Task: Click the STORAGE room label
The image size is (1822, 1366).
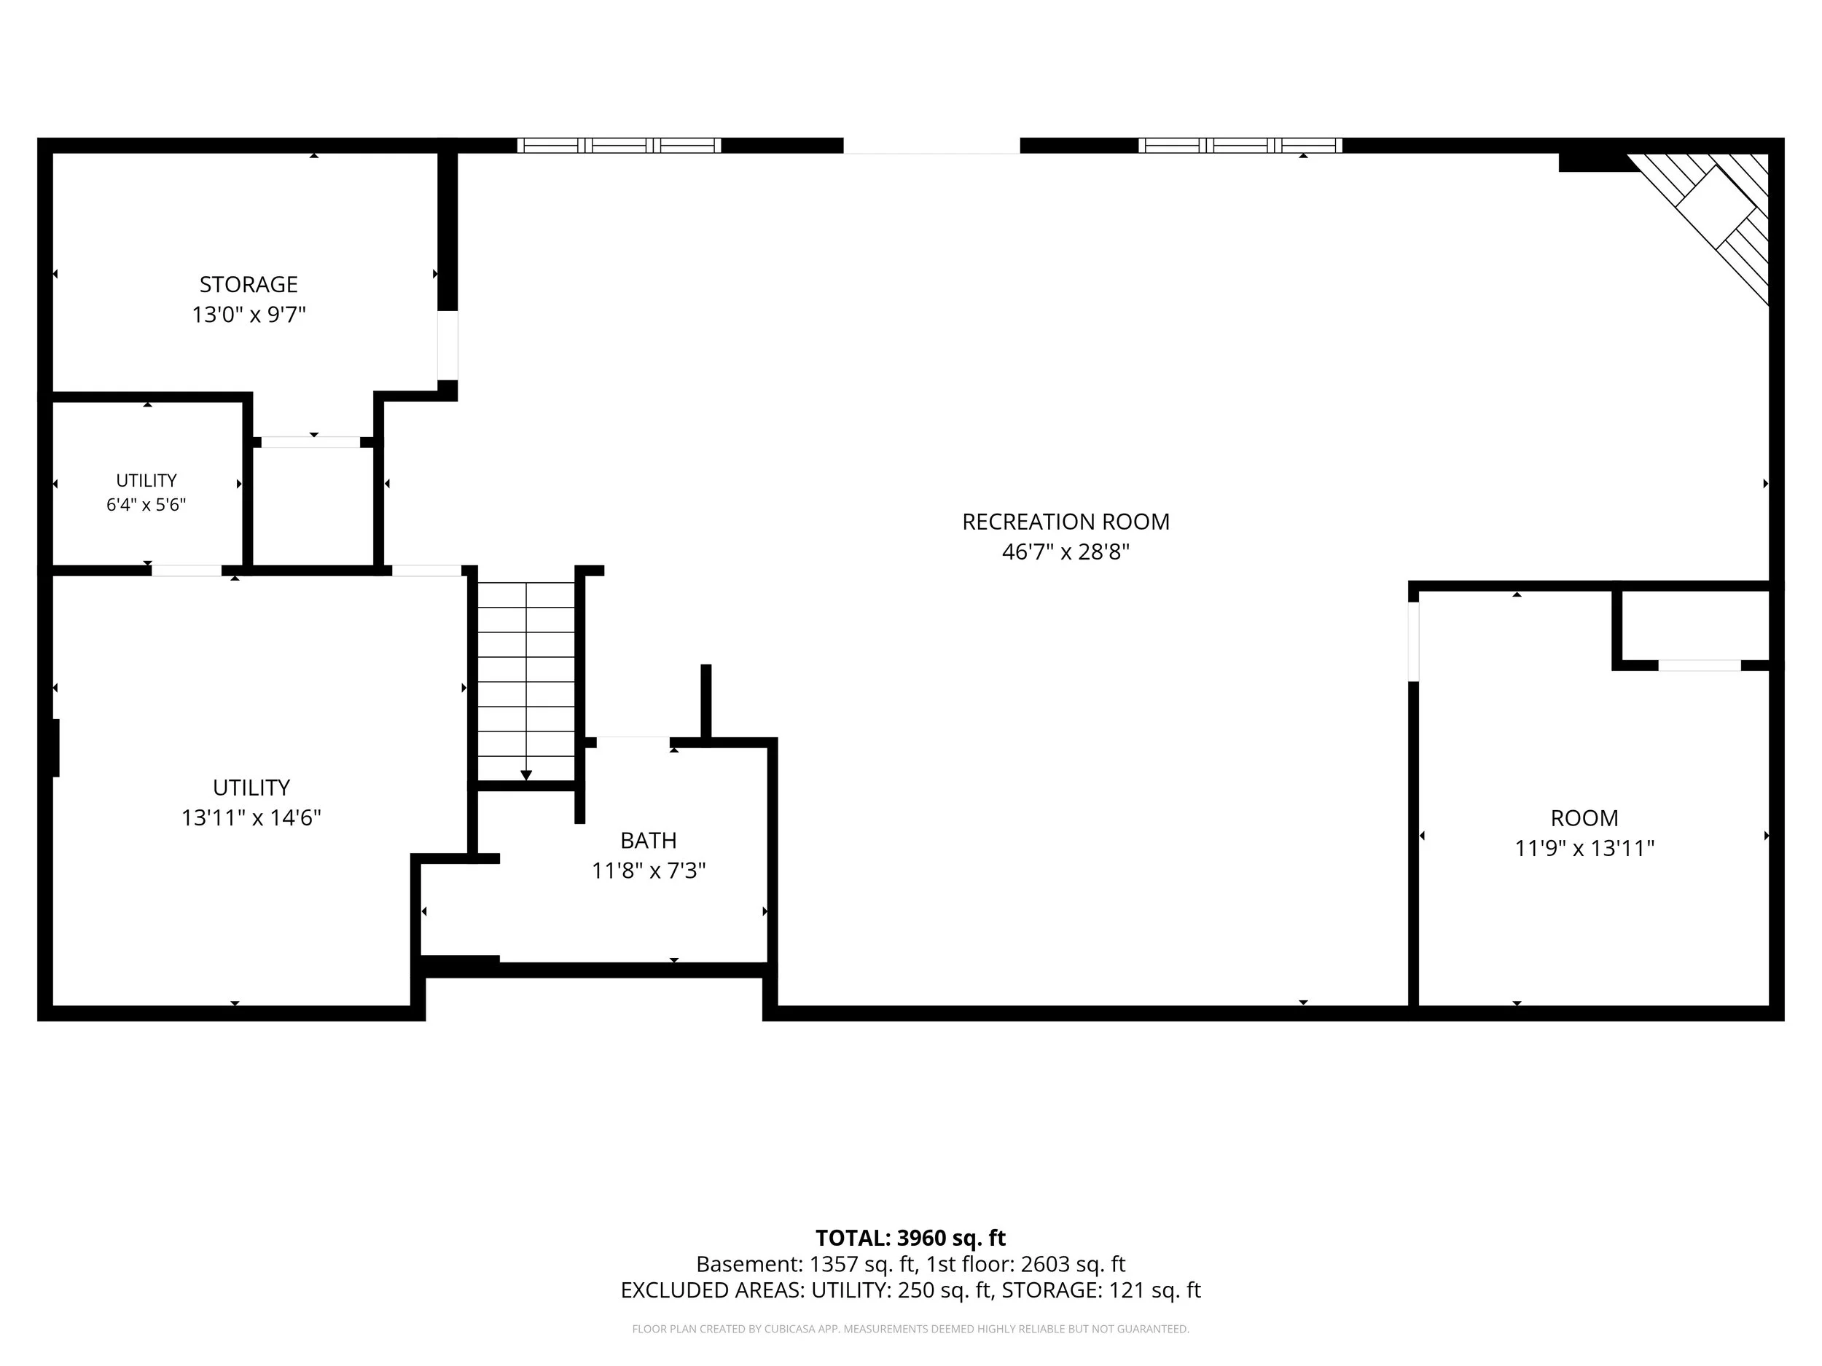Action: click(x=248, y=284)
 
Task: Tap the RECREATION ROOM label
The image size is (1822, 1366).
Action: click(x=1065, y=521)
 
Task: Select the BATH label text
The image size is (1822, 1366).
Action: click(x=648, y=840)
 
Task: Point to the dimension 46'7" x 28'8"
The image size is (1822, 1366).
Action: click(x=1065, y=551)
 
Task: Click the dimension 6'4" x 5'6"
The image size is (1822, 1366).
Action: click(x=146, y=505)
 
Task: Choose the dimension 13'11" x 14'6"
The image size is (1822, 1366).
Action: click(x=251, y=817)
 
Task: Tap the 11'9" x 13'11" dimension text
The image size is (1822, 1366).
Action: click(x=1584, y=848)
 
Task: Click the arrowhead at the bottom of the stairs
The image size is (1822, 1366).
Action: click(x=526, y=775)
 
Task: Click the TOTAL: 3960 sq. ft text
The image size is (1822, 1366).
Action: click(x=910, y=1238)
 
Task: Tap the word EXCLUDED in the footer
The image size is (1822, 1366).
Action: click(x=671, y=1290)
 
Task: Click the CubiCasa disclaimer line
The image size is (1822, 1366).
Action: click(x=910, y=1329)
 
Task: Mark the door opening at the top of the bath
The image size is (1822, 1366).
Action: click(x=633, y=742)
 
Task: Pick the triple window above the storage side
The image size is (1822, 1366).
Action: click(x=619, y=146)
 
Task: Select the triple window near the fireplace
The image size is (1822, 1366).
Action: click(x=1240, y=146)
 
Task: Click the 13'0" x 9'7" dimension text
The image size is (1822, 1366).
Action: click(x=249, y=315)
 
